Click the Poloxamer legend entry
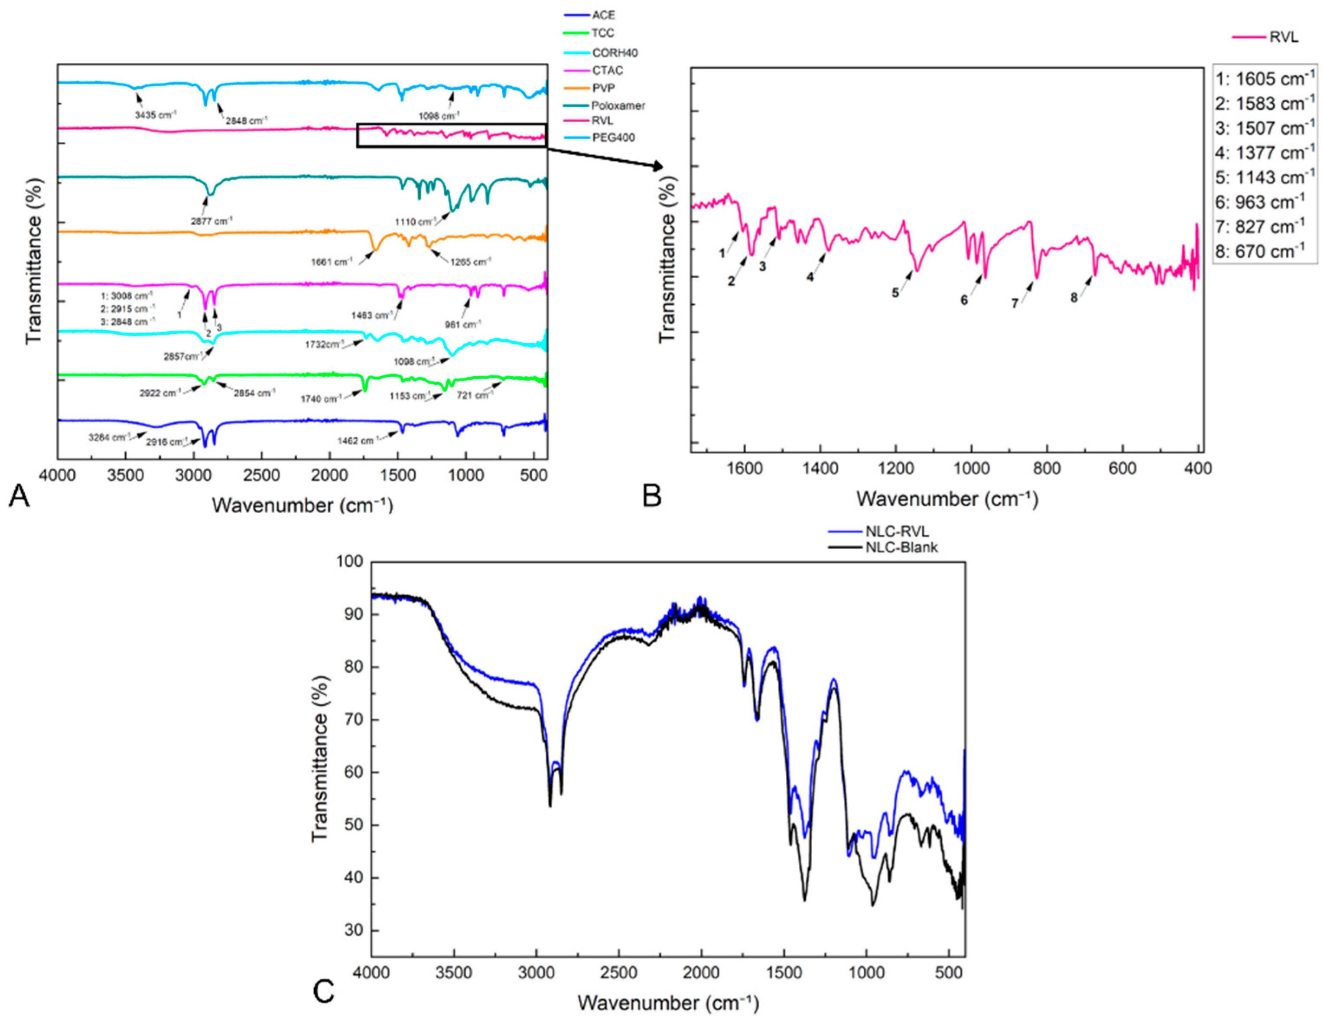pos(617,105)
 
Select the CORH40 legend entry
pos(614,53)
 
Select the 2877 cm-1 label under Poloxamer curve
pos(211,222)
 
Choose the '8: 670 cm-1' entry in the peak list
pos(1260,251)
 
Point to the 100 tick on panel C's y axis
pos(349,561)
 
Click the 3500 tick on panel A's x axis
pos(126,475)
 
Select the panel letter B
pos(652,496)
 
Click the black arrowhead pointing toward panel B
pos(657,166)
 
